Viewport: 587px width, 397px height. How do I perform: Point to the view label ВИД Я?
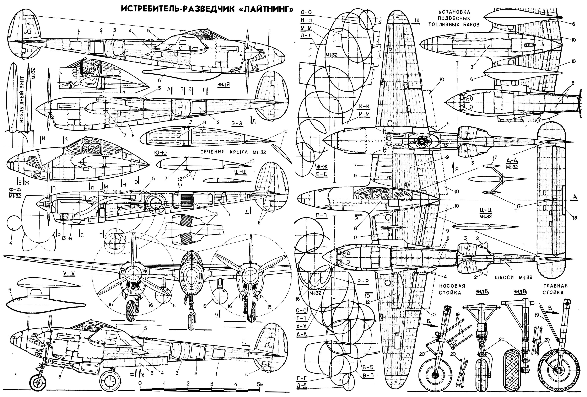click(224, 85)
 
